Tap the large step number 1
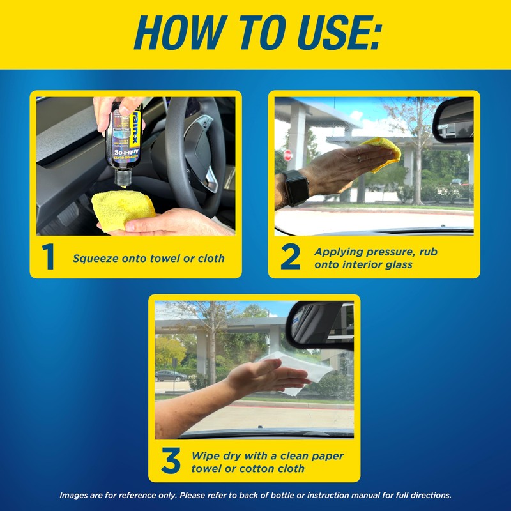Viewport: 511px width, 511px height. (49, 257)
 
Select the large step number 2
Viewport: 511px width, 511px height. (291, 257)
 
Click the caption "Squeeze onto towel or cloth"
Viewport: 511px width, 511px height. (148, 259)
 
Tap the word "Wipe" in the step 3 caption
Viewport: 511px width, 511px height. (206, 456)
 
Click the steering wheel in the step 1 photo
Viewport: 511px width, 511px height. (192, 147)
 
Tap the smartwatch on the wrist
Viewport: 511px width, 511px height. (295, 187)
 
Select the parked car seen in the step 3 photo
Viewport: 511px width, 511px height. (171, 376)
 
